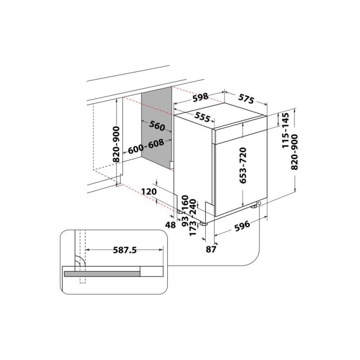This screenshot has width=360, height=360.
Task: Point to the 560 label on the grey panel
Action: click(x=157, y=126)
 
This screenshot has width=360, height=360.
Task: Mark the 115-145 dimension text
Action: click(x=285, y=131)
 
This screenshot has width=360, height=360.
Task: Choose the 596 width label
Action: click(x=241, y=226)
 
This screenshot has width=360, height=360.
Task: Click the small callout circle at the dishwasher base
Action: click(x=260, y=205)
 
